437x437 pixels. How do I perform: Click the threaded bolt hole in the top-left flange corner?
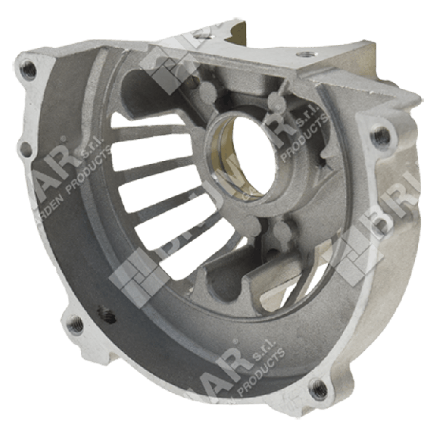coord(30,70)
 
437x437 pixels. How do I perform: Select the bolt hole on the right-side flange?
coord(379,135)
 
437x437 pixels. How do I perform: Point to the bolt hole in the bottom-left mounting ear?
coord(74,324)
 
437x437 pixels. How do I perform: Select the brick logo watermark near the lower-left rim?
coord(138,280)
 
